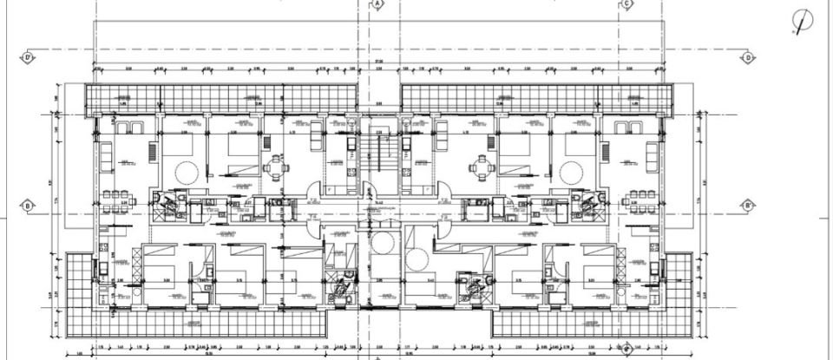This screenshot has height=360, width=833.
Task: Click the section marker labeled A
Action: (x=379, y=4)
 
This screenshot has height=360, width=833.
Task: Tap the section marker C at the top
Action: (x=626, y=4)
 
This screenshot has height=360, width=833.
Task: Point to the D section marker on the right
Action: (x=747, y=58)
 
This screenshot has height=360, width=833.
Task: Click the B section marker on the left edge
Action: (x=28, y=206)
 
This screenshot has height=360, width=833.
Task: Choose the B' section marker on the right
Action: (x=747, y=206)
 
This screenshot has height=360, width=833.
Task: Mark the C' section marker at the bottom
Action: (x=626, y=350)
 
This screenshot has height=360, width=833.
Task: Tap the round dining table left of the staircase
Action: (x=276, y=166)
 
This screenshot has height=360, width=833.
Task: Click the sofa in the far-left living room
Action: (x=105, y=156)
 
